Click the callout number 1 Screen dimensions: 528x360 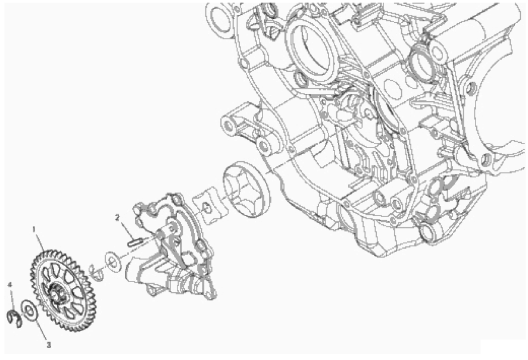34,229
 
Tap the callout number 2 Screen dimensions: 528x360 117,217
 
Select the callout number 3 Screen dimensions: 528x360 49,345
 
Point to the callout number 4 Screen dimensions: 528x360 11,285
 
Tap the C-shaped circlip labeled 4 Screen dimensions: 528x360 14,318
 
